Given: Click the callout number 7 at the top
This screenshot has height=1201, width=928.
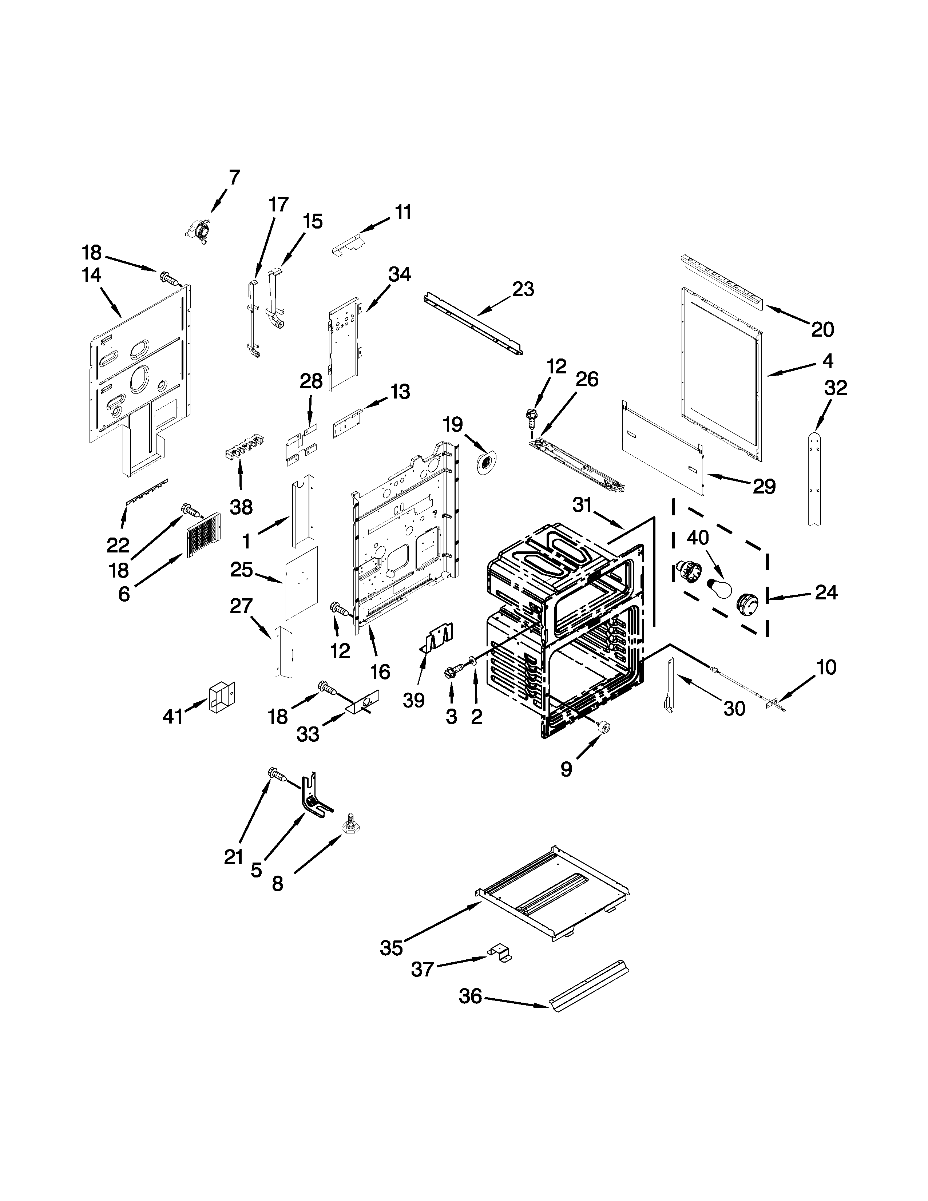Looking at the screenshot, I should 234,178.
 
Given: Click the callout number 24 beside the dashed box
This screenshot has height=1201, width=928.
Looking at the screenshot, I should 826,592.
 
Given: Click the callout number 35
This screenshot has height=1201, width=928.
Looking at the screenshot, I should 392,948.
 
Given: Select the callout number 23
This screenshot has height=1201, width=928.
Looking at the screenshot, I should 523,289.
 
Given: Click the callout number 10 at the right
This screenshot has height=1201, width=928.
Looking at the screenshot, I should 826,667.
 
